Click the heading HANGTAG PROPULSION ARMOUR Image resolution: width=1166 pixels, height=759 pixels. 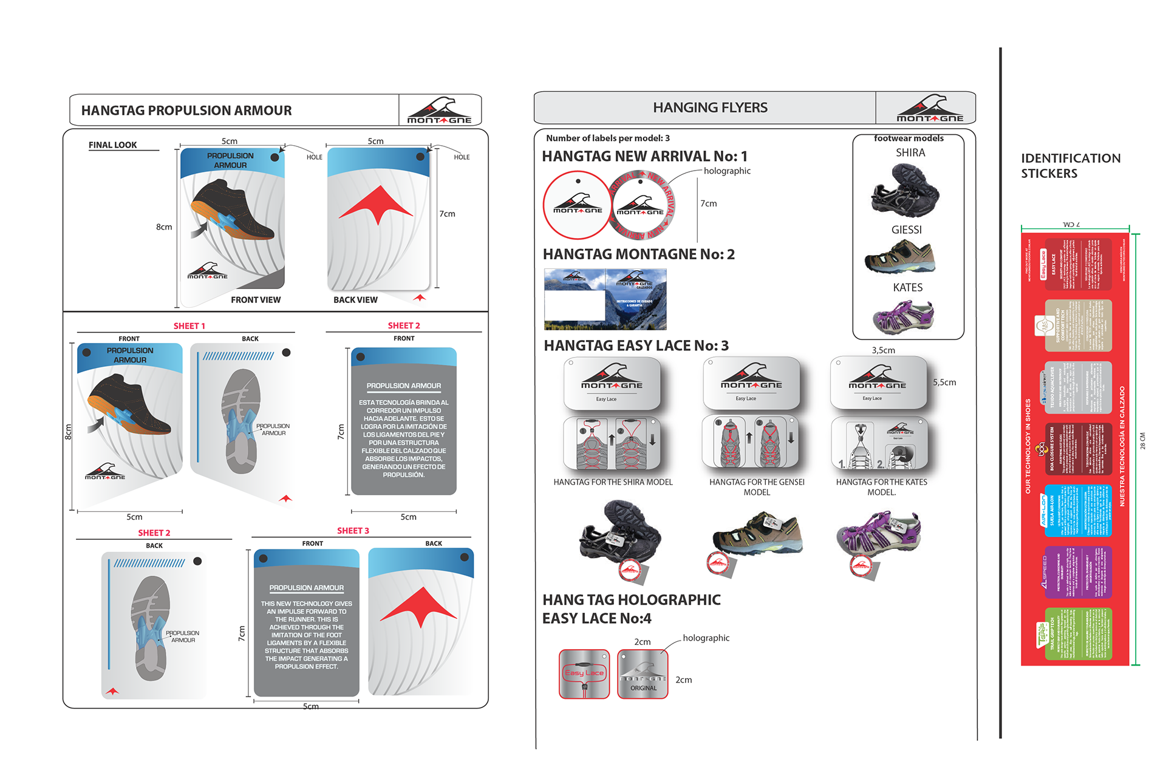(x=186, y=111)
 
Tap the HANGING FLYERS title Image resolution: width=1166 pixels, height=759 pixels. (x=710, y=107)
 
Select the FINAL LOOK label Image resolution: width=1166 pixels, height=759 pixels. (x=113, y=145)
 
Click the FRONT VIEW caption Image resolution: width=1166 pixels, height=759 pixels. (x=256, y=300)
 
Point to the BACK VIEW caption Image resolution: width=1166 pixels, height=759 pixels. (x=355, y=300)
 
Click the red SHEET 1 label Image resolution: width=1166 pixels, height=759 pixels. (x=189, y=326)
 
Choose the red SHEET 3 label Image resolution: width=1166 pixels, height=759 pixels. (x=353, y=531)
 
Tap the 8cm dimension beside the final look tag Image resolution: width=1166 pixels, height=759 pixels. (x=164, y=227)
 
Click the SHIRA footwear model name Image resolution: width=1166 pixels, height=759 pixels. (x=910, y=153)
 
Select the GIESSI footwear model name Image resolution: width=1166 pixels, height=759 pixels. (x=906, y=230)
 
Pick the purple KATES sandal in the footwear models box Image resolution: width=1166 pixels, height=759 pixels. (x=903, y=316)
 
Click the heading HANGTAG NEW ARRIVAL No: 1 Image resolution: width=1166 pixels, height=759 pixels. (x=644, y=157)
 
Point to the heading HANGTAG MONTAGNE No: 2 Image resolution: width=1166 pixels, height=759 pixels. (x=638, y=254)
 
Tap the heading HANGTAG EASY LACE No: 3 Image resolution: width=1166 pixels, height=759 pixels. (x=636, y=346)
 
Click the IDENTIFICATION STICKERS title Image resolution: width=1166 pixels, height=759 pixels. (x=1070, y=166)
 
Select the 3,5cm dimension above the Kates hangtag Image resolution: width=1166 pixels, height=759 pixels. (x=883, y=350)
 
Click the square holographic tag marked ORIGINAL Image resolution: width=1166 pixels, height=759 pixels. (x=643, y=675)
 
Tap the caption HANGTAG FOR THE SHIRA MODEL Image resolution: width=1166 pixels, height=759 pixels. (x=613, y=482)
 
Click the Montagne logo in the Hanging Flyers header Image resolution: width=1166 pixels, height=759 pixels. (x=929, y=109)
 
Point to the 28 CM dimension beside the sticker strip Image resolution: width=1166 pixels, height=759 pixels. (x=1142, y=441)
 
